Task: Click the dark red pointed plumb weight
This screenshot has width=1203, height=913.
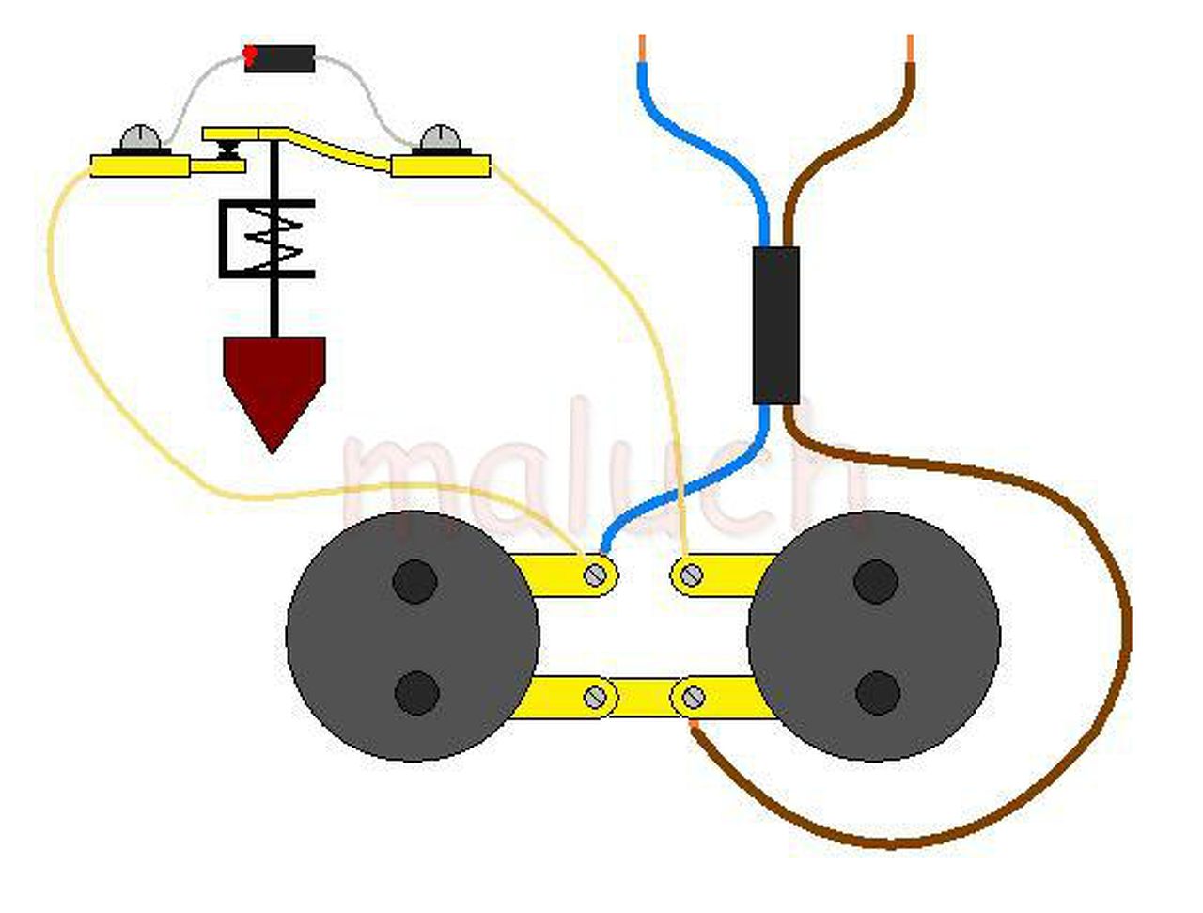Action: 273,381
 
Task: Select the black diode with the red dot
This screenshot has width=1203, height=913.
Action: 280,58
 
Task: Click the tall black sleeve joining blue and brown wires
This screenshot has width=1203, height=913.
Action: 776,325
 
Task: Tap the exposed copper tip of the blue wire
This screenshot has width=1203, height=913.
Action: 642,47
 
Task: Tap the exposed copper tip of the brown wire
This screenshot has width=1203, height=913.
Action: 910,47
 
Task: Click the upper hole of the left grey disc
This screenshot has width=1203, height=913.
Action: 414,581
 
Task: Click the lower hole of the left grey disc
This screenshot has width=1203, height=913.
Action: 416,693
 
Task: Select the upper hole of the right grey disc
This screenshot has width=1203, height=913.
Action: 876,581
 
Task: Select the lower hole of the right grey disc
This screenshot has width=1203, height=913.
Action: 878,693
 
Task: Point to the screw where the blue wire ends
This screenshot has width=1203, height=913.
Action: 594,574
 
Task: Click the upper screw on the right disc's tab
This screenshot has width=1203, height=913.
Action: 691,574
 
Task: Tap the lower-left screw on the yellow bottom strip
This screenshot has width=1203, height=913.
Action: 596,698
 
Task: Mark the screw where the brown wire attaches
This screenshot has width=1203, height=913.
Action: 693,698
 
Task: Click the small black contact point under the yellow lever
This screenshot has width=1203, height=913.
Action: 227,148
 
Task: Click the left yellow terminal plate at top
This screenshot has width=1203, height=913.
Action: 141,165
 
